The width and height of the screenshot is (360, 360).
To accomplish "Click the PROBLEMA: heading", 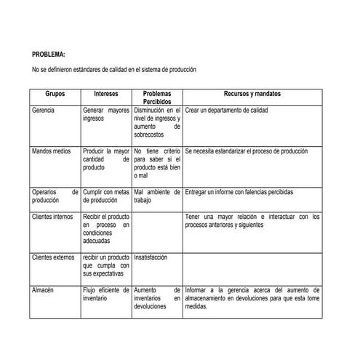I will pos(49,55).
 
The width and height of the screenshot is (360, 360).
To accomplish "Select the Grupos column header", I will pos(55,95).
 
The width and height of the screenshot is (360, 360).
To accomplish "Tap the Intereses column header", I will pos(106,95).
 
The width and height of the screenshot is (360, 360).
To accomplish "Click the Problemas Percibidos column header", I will pos(156,98).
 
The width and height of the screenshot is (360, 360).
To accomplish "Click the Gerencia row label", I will pos(43,110).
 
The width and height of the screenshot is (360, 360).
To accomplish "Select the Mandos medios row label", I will pos(51,151).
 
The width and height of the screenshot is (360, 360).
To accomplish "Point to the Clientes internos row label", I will pos(52,217).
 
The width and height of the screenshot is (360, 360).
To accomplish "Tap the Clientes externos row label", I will pos(53,257).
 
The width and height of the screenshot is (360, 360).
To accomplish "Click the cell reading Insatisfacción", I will pos(151,257).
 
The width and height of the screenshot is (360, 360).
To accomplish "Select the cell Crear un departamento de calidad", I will pos(226,110).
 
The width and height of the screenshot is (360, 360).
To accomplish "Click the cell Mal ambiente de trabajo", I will pos(156,196).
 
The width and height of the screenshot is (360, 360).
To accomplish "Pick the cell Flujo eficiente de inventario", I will pos(105,294).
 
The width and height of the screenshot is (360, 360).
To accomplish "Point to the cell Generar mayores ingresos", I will pos(105,113).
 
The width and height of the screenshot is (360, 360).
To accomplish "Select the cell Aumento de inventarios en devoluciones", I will pos(156,298).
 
